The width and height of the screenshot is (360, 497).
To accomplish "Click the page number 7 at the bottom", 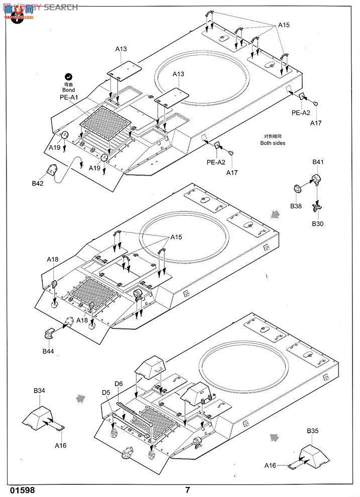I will tap(187, 490).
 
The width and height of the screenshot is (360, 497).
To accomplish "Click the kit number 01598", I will tap(22, 490).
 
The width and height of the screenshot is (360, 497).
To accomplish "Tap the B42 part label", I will tap(38, 184).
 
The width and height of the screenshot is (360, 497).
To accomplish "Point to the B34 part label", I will tap(39, 390).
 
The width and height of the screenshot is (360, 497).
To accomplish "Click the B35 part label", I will tap(312, 430).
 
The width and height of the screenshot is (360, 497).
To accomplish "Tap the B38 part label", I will tap(296, 205).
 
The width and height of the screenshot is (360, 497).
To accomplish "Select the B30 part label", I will tap(317, 223).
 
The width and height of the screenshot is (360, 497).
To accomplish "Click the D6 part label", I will tap(118, 384).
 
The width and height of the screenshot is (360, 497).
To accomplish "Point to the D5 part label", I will tap(106, 392).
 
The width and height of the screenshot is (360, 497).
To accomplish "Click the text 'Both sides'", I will tap(273, 143).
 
